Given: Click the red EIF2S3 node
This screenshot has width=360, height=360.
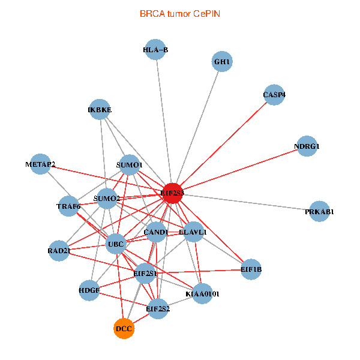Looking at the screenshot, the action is coord(172,193).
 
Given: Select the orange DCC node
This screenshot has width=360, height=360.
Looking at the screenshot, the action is coord(124,329).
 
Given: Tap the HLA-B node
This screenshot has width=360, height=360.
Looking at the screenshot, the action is coord(156,50).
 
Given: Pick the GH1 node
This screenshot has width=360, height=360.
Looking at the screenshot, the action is coord(222,62).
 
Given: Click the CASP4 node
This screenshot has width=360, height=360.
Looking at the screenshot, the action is coord(274,95).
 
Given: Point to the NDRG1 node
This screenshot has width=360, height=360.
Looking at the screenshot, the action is coord(307,146).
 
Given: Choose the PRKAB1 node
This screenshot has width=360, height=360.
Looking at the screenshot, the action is coord(319,211).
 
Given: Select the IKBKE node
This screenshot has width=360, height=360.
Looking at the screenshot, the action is coord(100,110).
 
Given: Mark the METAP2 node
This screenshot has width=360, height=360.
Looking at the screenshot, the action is coord(40,164).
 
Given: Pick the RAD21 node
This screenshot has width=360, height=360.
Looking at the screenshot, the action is coord(59,251).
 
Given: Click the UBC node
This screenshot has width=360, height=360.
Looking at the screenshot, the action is coord(115,244).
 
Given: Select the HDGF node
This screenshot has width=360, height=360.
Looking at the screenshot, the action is coord(89,290).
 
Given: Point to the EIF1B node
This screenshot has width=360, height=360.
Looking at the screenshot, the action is coord(251,269).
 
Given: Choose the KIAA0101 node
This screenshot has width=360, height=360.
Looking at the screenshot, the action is coord(202,293).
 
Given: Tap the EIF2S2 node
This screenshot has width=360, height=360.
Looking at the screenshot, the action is coord(158,309).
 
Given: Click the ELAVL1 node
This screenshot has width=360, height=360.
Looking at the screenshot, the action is coord(193,232).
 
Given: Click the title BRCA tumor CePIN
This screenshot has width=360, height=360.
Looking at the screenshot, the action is coord(179,13).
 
